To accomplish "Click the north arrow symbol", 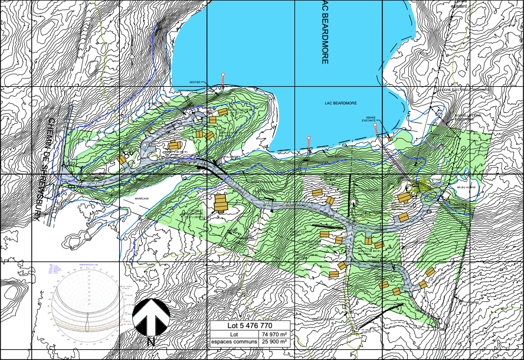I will click(151, 317).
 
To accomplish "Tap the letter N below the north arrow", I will click(151, 341).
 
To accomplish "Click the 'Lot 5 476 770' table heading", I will click(250, 325).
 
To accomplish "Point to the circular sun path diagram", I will click(87, 307).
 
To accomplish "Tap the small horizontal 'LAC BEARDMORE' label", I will click(342, 103).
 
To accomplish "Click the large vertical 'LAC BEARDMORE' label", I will click(324, 32).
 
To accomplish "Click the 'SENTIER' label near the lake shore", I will click(195, 83).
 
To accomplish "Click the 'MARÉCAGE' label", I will click(143, 199).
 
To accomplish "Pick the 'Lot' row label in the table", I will click(234, 334).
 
